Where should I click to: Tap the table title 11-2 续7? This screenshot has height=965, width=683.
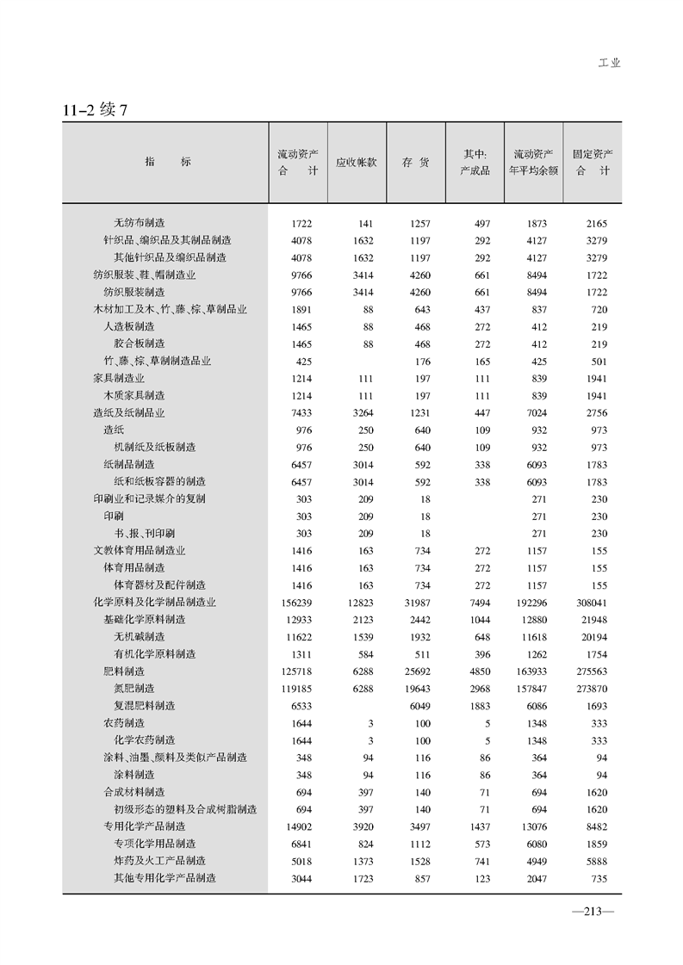tap(95, 110)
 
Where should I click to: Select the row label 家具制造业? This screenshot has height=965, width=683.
tap(119, 378)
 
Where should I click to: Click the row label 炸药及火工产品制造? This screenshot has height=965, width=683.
tap(159, 861)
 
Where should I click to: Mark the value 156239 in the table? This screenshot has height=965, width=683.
tap(296, 603)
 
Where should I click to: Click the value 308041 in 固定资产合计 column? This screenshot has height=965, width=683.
tap(591, 603)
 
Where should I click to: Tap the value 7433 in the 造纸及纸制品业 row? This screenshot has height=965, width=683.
tap(301, 413)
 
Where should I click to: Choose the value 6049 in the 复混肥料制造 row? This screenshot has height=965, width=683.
tap(417, 706)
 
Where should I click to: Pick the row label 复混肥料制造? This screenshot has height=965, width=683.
tap(144, 706)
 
